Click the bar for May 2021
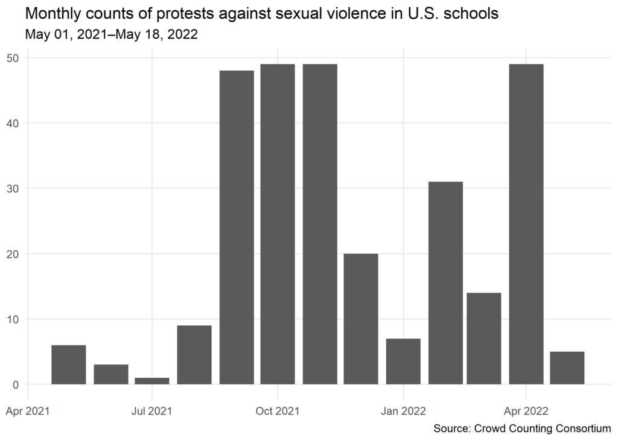coord(69,364)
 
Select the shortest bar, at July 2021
coord(152,381)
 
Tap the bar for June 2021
coord(111,374)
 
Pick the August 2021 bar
coord(194,355)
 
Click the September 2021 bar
coord(237,227)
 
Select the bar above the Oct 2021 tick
coord(278,224)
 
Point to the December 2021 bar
coord(361,319)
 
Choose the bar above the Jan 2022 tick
coord(403,361)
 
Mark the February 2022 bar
coord(445,283)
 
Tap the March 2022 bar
coord(484,338)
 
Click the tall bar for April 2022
coord(526,224)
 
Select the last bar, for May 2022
coord(567,368)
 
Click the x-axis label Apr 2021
coord(28,411)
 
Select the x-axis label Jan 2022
coord(402,411)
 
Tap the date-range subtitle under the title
coord(112,35)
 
